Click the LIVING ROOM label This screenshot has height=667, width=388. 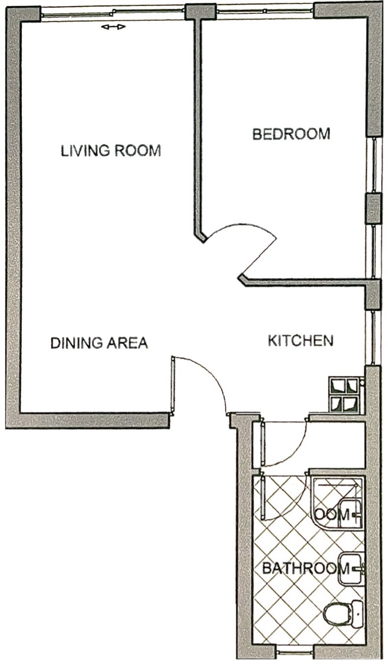pyautogui.click(x=111, y=150)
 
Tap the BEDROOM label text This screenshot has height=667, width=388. pyautogui.click(x=291, y=134)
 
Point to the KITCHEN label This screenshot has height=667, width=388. pyautogui.click(x=301, y=340)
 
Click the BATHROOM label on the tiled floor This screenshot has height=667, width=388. pyautogui.click(x=299, y=568)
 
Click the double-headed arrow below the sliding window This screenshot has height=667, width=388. pyautogui.click(x=113, y=27)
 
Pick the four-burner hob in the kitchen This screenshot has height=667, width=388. pyautogui.click(x=345, y=395)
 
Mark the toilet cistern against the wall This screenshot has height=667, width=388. pyautogui.click(x=357, y=613)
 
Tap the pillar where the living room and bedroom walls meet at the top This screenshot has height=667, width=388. pyautogui.click(x=200, y=11)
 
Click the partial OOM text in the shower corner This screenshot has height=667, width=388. pyautogui.click(x=331, y=514)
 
